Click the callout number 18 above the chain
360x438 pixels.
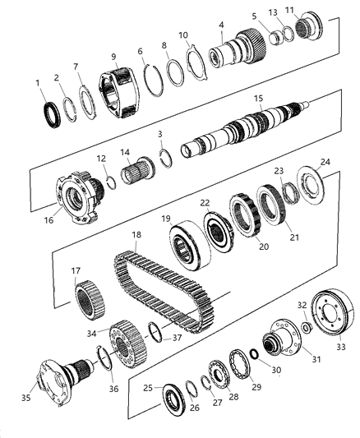[x=137, y=234]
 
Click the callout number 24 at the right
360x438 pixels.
[x=325, y=162]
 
